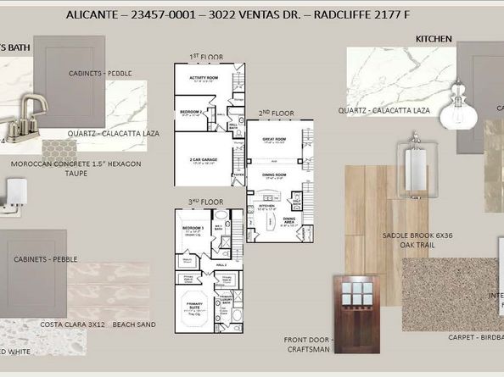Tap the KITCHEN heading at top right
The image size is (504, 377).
(x=434, y=39)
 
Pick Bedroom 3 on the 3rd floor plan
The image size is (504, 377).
(x=193, y=229)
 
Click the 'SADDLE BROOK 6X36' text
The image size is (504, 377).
(x=417, y=235)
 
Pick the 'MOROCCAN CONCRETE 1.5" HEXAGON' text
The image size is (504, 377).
(x=71, y=164)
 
